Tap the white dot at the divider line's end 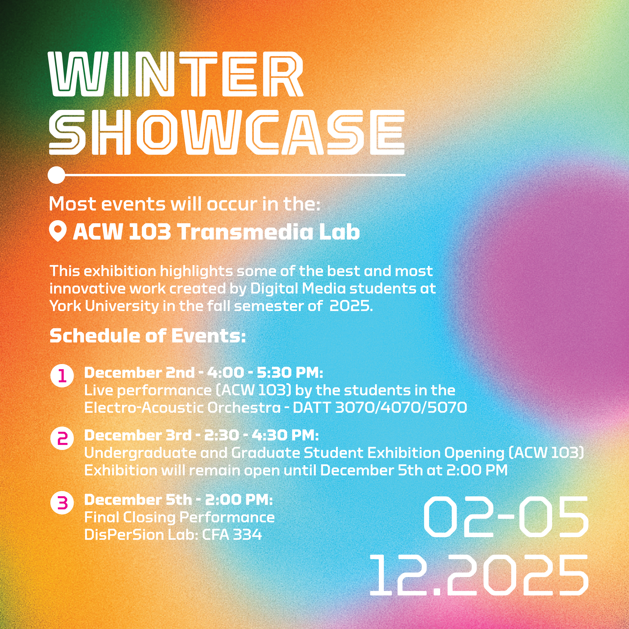tap(56, 175)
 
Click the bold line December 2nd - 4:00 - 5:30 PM tap(204, 373)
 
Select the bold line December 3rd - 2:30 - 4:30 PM tap(202, 435)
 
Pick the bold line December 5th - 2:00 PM tap(178, 500)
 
